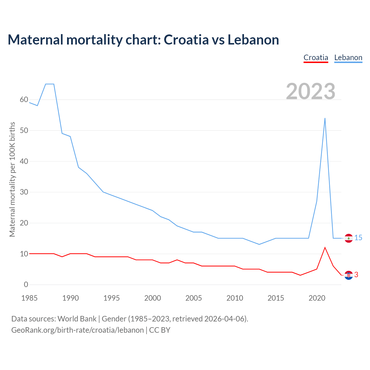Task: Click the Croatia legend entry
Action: [316, 58]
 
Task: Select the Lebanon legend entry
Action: [348, 58]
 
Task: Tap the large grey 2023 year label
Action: [310, 91]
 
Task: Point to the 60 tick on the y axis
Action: [24, 100]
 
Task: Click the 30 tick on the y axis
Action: [24, 192]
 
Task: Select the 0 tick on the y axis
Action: [26, 285]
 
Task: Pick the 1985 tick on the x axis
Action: [29, 298]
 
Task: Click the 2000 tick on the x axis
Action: [153, 298]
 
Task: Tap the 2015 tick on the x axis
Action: [276, 298]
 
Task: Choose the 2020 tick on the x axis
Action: [317, 298]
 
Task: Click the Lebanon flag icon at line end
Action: [349, 238]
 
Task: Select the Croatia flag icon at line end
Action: [349, 275]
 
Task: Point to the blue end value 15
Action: [358, 238]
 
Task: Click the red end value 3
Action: [356, 275]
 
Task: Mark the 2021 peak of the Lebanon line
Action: [325, 118]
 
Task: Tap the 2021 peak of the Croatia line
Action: [325, 248]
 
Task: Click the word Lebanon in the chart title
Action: [253, 40]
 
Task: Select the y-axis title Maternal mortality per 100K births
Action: [12, 179]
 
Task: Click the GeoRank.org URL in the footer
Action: [77, 330]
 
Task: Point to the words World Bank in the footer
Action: [77, 319]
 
